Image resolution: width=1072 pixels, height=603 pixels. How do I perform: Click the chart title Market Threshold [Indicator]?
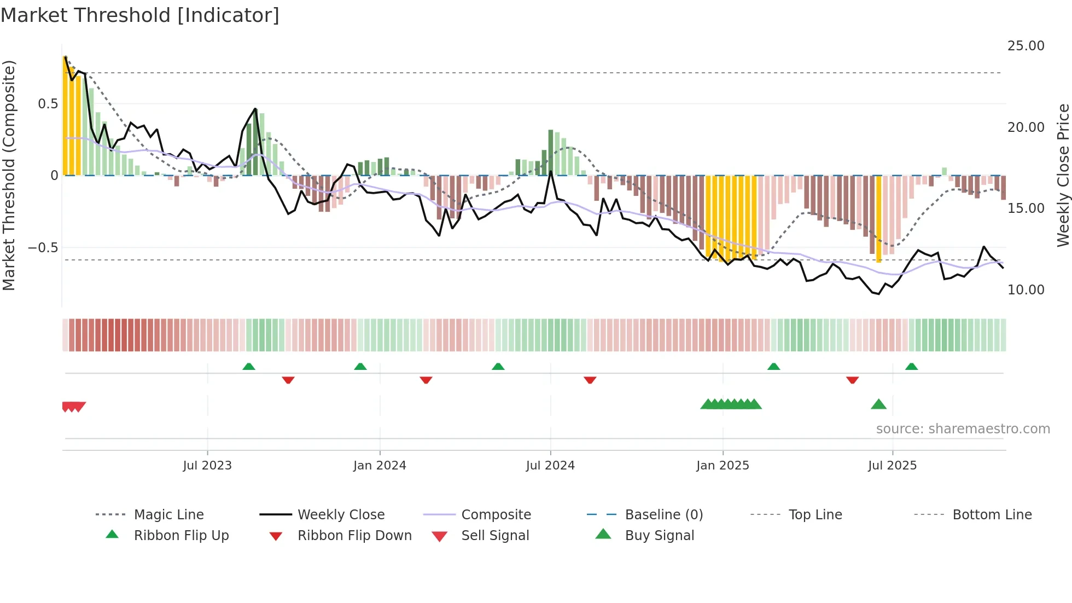(x=140, y=15)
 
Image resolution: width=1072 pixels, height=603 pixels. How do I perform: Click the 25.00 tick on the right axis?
(x=1026, y=46)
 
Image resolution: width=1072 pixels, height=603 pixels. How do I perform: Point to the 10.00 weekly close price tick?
(x=1026, y=290)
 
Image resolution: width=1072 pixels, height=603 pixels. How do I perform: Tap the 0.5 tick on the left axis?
(x=48, y=104)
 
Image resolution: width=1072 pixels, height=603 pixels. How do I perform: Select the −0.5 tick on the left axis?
(x=43, y=248)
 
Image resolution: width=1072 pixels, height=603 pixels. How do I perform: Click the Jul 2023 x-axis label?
(x=207, y=466)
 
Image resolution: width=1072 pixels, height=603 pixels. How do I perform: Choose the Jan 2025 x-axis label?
(x=723, y=466)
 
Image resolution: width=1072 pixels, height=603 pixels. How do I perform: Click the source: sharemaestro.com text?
(x=963, y=429)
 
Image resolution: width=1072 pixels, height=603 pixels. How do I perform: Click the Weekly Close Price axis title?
(x=1063, y=175)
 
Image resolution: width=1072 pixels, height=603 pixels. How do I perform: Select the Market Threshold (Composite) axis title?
(x=9, y=175)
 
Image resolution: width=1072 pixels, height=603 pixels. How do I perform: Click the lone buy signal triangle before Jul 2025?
(x=878, y=404)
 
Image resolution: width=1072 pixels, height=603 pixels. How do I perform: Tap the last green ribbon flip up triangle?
(x=911, y=367)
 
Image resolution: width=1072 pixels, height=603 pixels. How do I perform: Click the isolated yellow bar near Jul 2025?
(x=879, y=219)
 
